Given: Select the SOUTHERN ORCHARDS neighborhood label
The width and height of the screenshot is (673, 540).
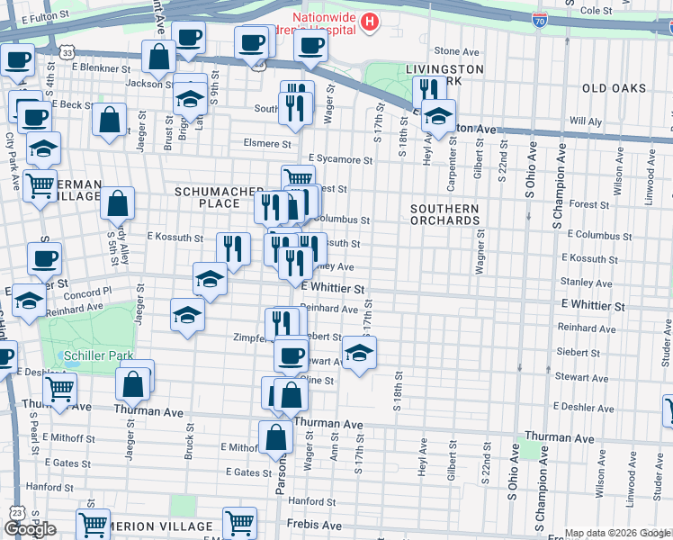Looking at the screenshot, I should (444, 214).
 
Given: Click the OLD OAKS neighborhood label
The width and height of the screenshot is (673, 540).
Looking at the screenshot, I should (615, 88).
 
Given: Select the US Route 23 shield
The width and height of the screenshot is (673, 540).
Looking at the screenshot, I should (17, 512).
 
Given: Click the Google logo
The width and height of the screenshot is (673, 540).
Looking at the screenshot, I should (30, 529).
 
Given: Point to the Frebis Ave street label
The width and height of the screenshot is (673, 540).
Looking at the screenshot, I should (315, 525).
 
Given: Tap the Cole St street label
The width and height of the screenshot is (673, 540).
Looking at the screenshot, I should (596, 11).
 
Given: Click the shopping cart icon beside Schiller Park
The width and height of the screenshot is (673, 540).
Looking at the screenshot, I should (59, 390).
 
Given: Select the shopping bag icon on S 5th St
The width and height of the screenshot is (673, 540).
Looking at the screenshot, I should (118, 203).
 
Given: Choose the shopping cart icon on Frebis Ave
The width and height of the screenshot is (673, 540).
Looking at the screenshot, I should (239, 522).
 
